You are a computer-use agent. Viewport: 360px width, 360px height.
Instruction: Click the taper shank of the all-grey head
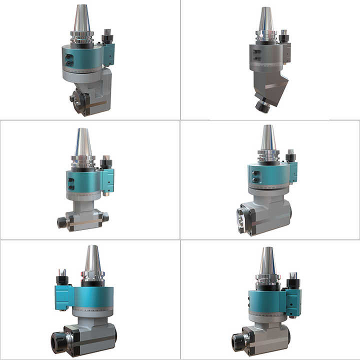pos(265,20)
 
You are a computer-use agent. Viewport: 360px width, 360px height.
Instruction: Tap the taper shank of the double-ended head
pos(83,142)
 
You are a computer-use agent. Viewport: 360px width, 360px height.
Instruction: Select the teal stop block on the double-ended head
pos(107,179)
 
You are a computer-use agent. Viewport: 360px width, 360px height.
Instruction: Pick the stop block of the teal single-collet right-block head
pos(293,302)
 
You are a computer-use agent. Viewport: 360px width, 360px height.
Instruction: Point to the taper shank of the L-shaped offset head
pos(81,20)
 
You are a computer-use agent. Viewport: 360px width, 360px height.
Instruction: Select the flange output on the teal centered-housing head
pos(244,219)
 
